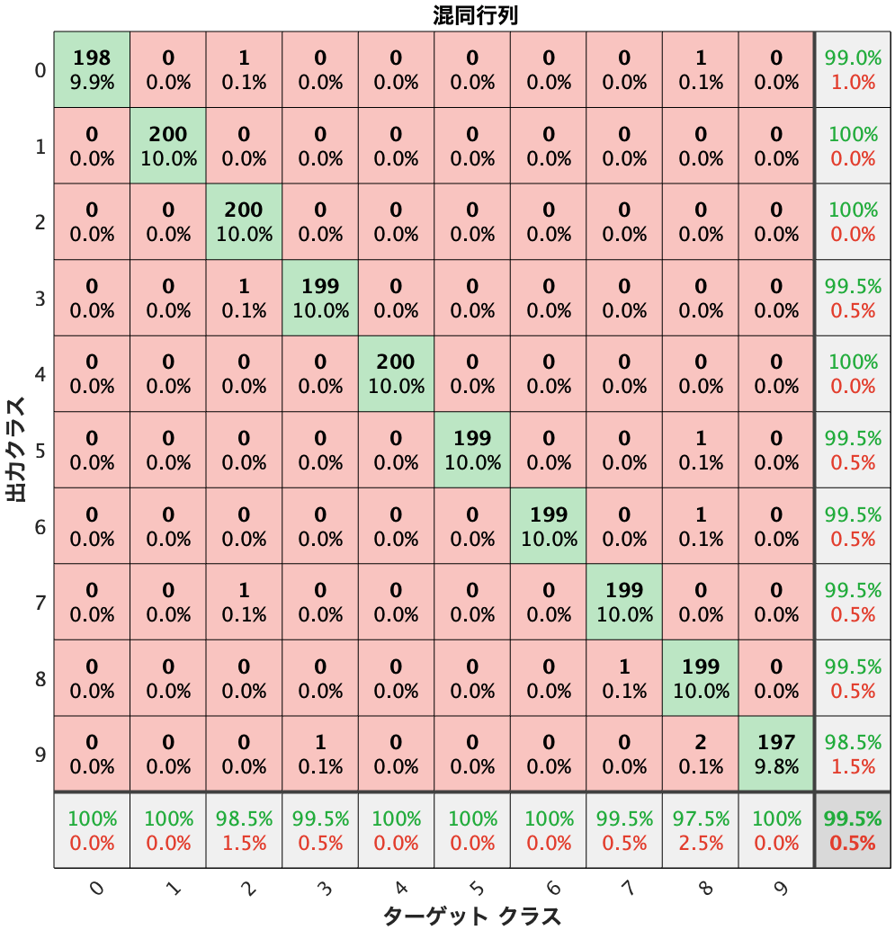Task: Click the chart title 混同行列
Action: click(475, 16)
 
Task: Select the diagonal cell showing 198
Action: click(92, 70)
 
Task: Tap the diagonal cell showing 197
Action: click(776, 754)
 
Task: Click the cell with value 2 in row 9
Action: click(701, 754)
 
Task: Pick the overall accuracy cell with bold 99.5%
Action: click(853, 830)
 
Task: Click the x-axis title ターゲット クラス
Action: click(471, 916)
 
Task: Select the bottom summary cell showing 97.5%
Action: click(701, 830)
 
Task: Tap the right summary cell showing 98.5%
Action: click(853, 754)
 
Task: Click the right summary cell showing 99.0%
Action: click(853, 70)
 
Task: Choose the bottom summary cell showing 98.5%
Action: click(244, 830)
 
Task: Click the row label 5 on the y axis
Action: click(40, 450)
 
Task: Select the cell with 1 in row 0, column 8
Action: click(701, 70)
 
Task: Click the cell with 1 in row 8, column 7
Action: click(624, 678)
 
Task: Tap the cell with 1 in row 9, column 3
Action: click(320, 754)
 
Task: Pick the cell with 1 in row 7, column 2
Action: click(244, 602)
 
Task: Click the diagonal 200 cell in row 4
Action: click(396, 374)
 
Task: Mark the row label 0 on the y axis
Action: click(40, 70)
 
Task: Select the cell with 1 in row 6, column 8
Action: click(701, 526)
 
